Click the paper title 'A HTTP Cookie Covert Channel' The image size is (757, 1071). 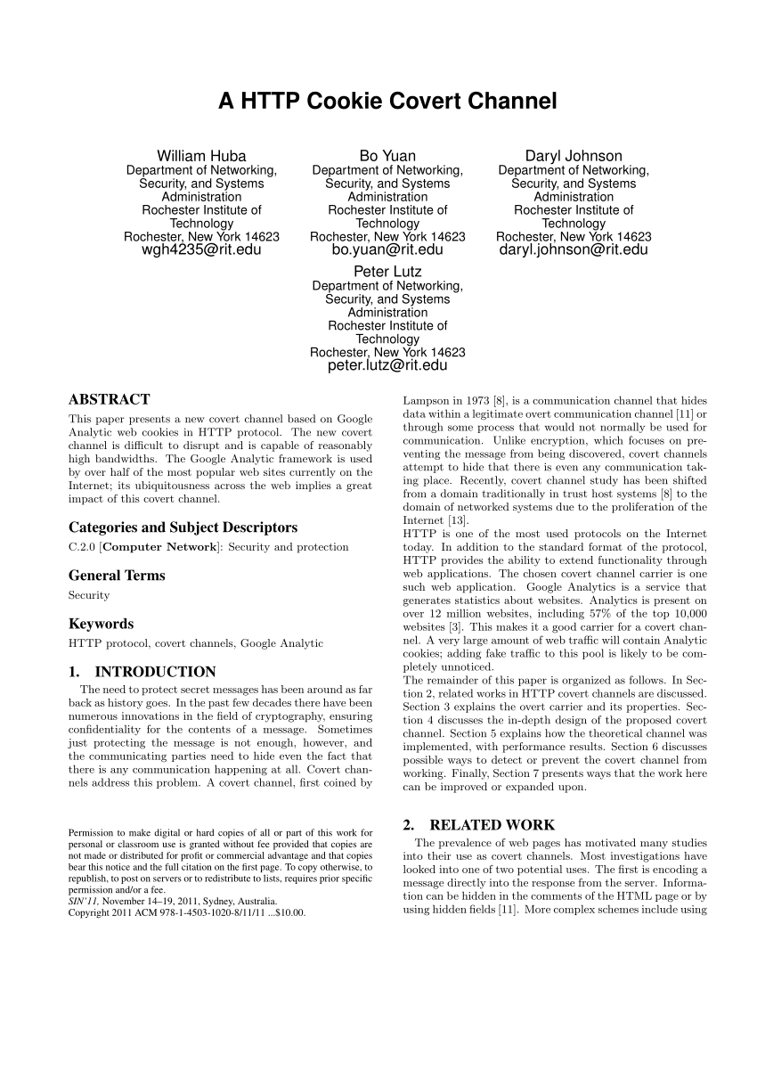tap(387, 102)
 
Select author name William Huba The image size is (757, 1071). tap(201, 156)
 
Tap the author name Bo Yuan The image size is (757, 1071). tap(387, 156)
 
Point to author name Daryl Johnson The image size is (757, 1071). tap(574, 156)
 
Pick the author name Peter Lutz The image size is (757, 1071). tap(387, 271)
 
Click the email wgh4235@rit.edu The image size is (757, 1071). tap(201, 250)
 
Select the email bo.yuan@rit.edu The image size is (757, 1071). tap(387, 250)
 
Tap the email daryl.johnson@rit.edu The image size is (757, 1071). tap(574, 250)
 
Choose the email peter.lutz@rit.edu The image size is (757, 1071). tap(387, 365)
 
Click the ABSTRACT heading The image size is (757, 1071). tap(109, 399)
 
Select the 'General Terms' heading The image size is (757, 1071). tap(117, 576)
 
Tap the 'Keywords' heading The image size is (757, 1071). tap(101, 624)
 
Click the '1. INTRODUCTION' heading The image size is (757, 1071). tap(142, 672)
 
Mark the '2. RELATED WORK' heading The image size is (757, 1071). tap(478, 825)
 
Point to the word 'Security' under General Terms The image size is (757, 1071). tap(89, 595)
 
